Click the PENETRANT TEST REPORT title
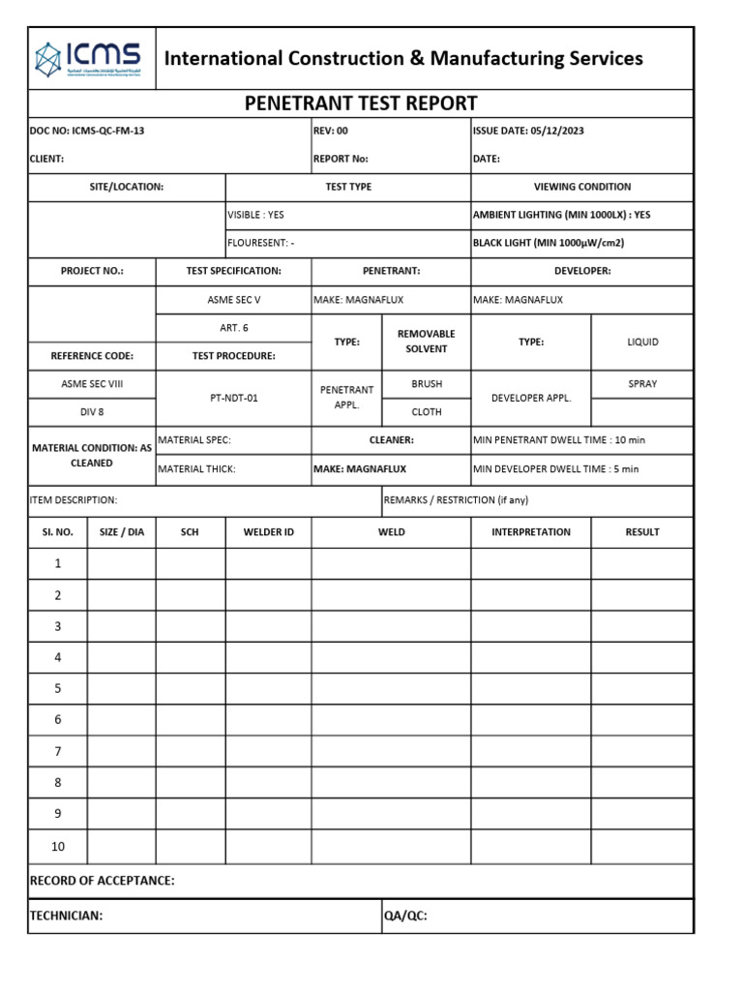tap(361, 104)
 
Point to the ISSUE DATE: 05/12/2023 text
tap(528, 131)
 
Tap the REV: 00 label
tap(331, 131)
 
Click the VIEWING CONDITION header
tap(581, 187)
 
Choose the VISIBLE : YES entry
tap(255, 215)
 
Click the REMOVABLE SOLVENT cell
tap(426, 341)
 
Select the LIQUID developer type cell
tap(642, 342)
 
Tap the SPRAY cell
tap(642, 384)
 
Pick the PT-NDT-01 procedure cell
tap(233, 398)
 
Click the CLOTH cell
tap(426, 411)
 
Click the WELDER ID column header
tap(268, 531)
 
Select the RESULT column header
tap(642, 531)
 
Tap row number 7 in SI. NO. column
tap(57, 751)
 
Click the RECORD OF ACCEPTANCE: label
tap(103, 881)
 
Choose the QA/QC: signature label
tap(405, 916)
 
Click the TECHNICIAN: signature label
tap(66, 916)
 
